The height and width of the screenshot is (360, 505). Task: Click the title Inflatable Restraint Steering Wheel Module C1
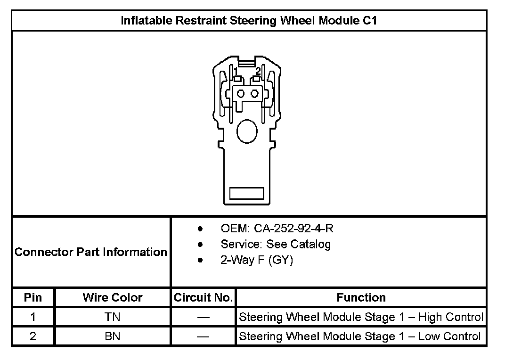(x=249, y=21)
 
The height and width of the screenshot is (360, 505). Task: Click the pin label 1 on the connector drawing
(x=236, y=71)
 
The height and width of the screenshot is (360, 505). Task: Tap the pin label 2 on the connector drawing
(x=258, y=71)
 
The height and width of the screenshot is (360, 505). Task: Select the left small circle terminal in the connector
(x=241, y=94)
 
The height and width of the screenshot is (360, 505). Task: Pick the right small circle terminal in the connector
(x=255, y=94)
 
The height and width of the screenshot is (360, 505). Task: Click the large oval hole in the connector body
(x=247, y=131)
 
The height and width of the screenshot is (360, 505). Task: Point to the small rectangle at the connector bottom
(x=247, y=193)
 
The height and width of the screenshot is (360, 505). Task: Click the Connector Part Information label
(x=91, y=252)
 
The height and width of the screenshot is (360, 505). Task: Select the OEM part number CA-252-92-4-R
(x=293, y=229)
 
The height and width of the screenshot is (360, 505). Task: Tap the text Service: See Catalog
(x=276, y=244)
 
